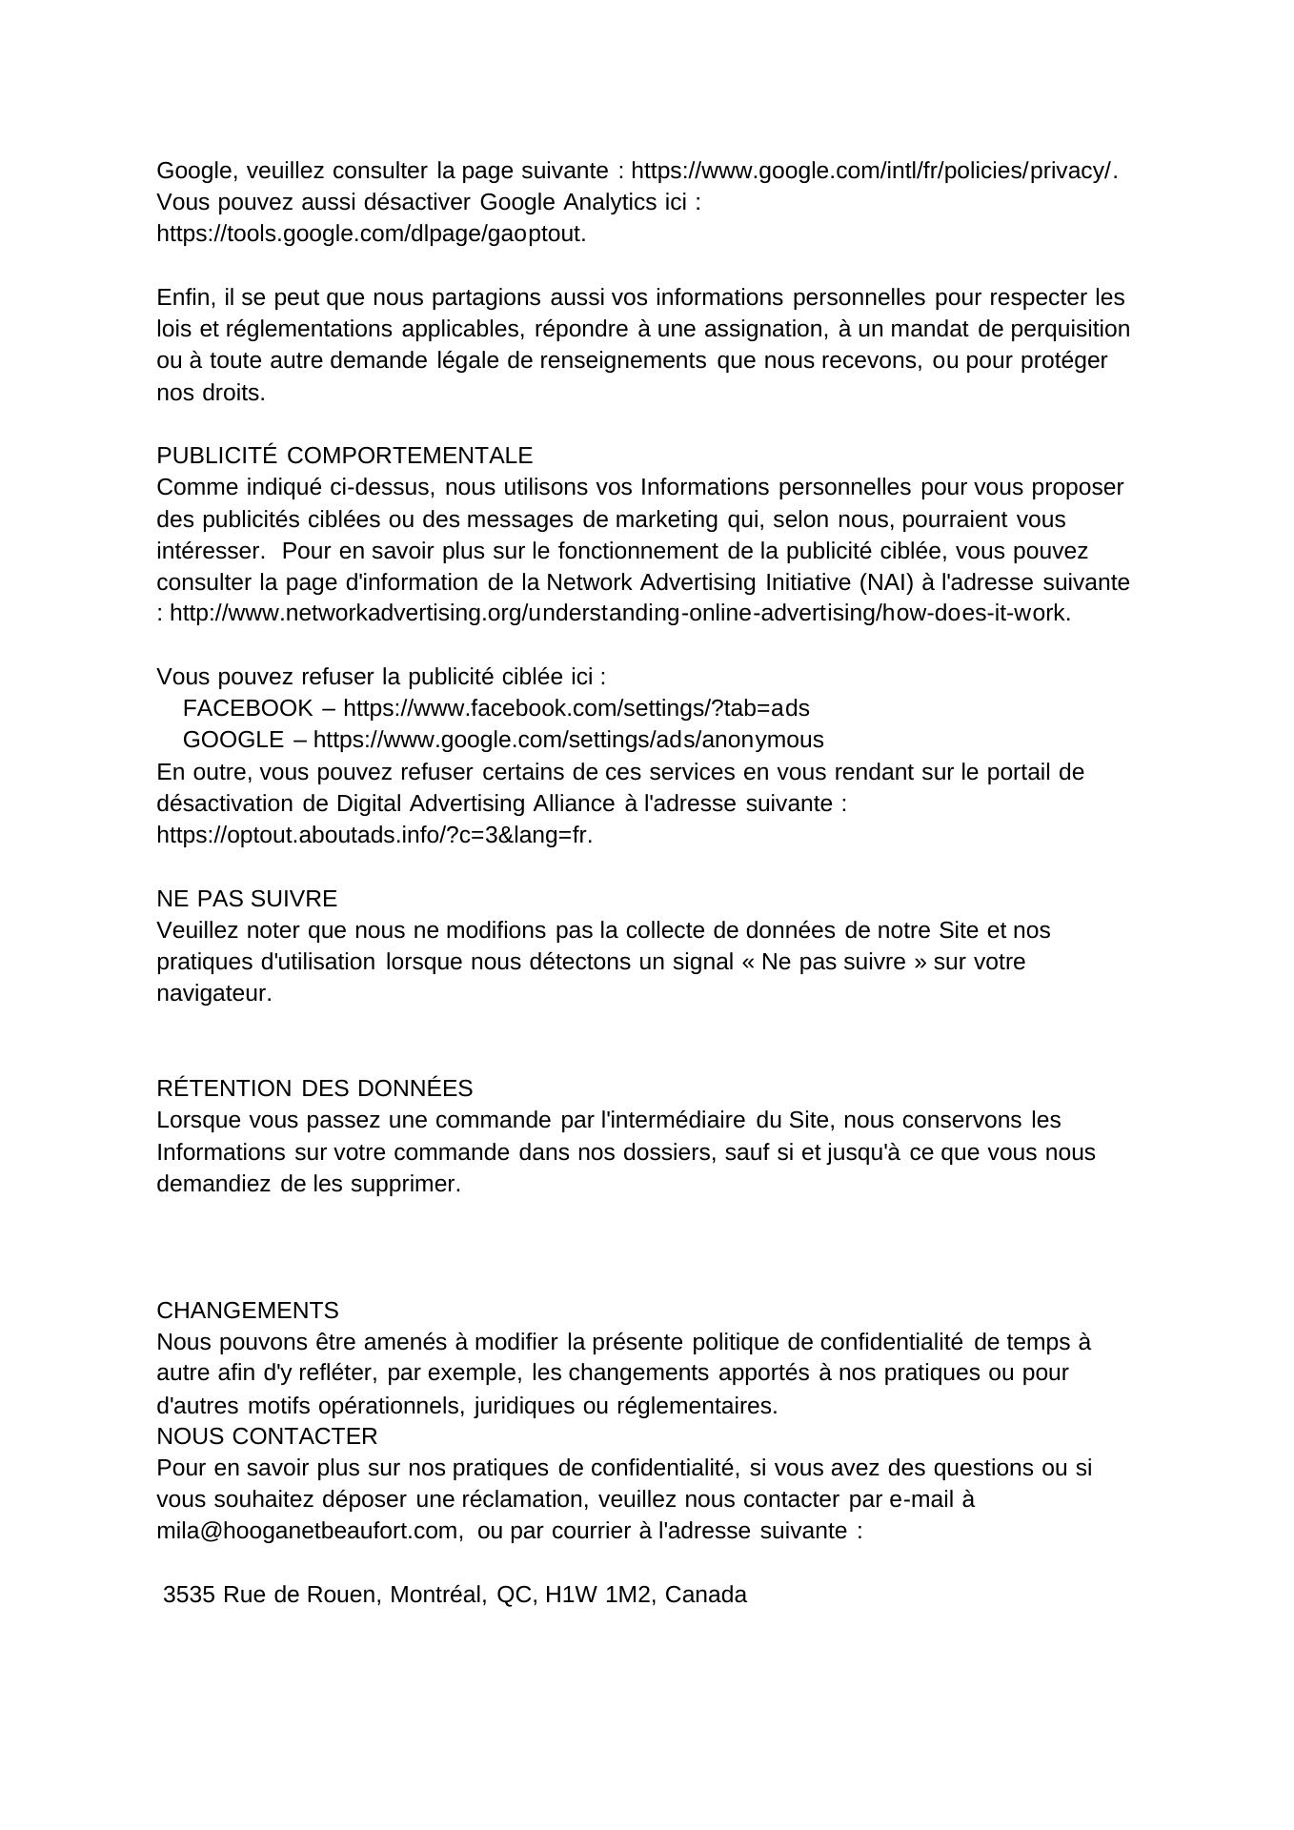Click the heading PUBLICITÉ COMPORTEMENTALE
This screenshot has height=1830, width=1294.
click(344, 456)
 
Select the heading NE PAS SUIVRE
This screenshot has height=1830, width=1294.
click(247, 899)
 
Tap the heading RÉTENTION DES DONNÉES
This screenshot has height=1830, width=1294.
click(314, 1088)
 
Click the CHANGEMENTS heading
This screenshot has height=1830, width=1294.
click(248, 1310)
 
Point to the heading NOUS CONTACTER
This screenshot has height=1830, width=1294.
click(267, 1435)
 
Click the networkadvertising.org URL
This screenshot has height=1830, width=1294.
click(619, 613)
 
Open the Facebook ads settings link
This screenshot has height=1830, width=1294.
click(576, 708)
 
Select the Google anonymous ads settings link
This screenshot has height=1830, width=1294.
click(568, 740)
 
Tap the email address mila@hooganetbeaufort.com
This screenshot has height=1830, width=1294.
click(310, 1531)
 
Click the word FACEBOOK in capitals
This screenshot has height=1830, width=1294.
click(248, 708)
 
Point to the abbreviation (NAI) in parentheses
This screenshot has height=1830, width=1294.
click(886, 582)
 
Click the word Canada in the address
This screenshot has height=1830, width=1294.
click(706, 1595)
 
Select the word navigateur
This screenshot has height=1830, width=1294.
click(213, 993)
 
